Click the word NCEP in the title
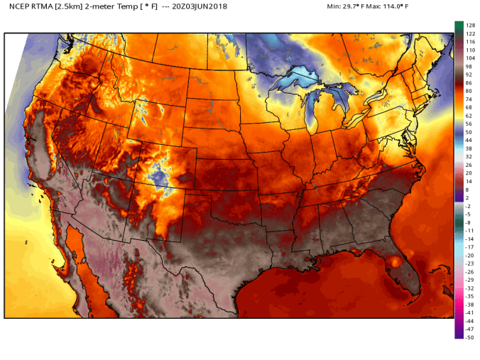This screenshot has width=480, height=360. click(x=18, y=6)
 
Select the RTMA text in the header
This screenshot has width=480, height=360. click(x=43, y=6)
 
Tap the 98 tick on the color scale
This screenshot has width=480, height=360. click(x=468, y=66)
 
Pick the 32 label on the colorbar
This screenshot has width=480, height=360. click(x=468, y=156)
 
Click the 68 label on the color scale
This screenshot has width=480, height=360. click(x=468, y=107)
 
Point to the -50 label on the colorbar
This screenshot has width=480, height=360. click(x=469, y=337)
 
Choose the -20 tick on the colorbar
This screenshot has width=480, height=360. click(x=469, y=255)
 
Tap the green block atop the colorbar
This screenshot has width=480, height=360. click(x=459, y=28)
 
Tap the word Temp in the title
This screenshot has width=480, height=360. click(x=124, y=6)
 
